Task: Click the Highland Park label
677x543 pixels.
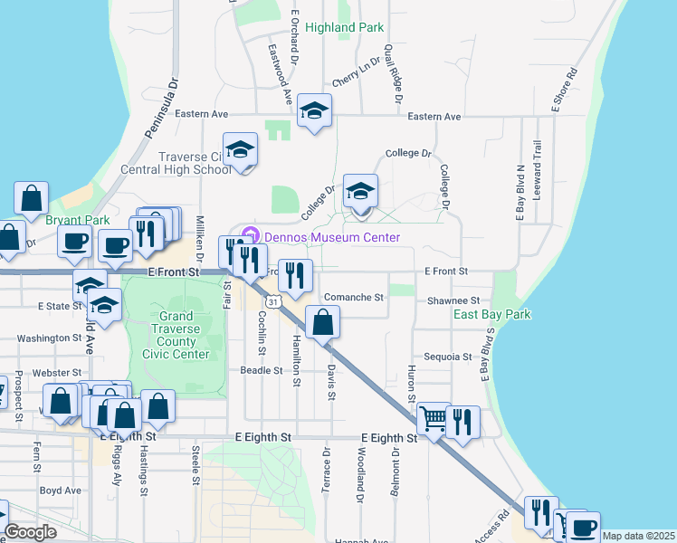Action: coord(345,28)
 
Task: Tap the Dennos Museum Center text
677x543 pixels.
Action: coord(331,237)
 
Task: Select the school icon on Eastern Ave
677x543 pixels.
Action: coord(314,111)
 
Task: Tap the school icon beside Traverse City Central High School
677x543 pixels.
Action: coord(240,150)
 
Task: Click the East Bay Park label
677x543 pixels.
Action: coord(491,314)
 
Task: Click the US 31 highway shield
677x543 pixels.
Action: coord(272,300)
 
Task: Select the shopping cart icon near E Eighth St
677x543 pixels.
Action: coord(434,419)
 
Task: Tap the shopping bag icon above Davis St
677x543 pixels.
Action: coord(322,322)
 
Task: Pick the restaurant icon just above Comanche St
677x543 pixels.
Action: coord(295,274)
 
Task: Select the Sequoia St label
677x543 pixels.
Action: coord(443,357)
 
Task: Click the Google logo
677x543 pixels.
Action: coord(30,532)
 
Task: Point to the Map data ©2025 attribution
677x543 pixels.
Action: coord(638,536)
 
